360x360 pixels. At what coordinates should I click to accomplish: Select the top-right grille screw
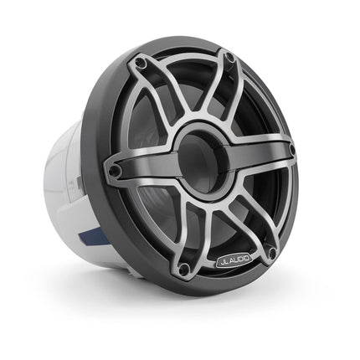tap(228, 57)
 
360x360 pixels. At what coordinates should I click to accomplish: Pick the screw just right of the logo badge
tap(271, 251)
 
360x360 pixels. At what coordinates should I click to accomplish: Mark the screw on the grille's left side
tap(115, 171)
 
